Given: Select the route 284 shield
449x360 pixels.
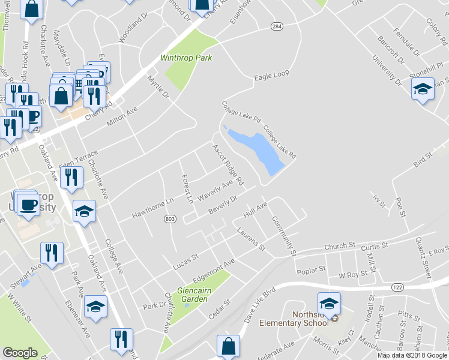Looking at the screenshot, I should coord(277,26).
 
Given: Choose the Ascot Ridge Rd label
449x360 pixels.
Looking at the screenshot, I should coord(229,164).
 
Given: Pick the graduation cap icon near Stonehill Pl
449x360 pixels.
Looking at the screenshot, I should coord(423,90).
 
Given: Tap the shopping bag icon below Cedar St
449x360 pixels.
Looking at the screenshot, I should coord(228,346).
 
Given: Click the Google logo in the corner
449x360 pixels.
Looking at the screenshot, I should coord(20,353).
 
